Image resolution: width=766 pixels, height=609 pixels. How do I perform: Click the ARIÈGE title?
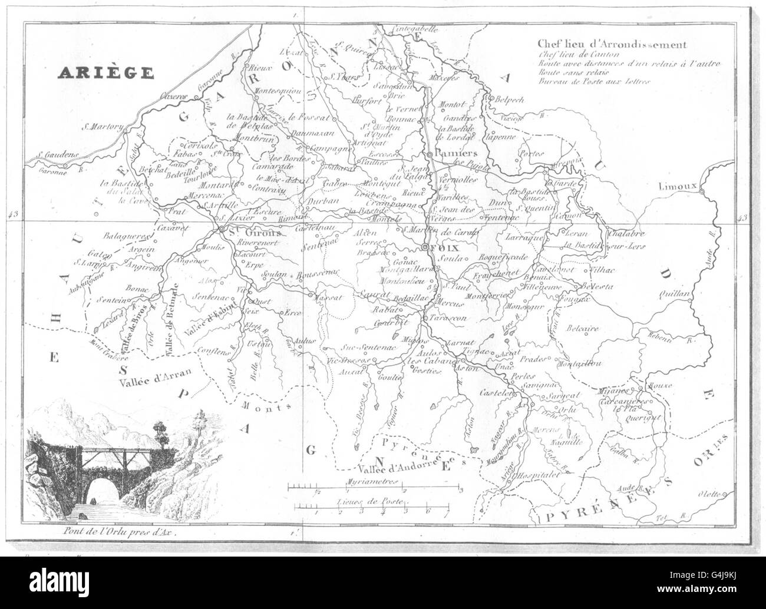(105, 72)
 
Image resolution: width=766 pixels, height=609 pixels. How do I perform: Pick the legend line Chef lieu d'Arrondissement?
(611, 44)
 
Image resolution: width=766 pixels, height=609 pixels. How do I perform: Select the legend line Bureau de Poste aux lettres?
(593, 81)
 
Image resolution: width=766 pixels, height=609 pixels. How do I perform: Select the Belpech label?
(510, 100)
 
